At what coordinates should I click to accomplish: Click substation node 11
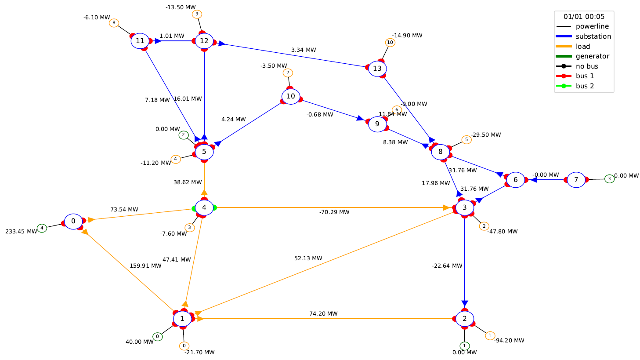(x=140, y=41)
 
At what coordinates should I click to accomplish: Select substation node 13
(x=377, y=69)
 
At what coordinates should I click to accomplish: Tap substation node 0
(x=73, y=221)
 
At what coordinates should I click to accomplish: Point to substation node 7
(x=576, y=180)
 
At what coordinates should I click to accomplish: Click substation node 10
(x=291, y=96)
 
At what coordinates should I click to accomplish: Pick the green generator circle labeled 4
(x=42, y=228)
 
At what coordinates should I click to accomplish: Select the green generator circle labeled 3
(x=609, y=179)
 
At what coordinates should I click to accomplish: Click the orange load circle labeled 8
(x=114, y=23)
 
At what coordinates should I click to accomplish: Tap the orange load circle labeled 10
(x=391, y=43)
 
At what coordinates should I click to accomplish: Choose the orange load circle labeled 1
(x=490, y=336)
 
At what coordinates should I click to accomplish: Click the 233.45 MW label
(x=21, y=232)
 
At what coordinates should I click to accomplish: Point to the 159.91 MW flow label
(x=145, y=266)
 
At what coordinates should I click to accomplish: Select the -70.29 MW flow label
(x=334, y=212)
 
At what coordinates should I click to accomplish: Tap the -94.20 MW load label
(x=509, y=341)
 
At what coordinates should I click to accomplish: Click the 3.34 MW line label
(x=304, y=50)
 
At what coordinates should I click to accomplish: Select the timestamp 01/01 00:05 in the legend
(x=584, y=17)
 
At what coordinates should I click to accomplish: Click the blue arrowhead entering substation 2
(x=465, y=304)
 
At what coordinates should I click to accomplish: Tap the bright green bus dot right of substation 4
(x=215, y=208)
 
